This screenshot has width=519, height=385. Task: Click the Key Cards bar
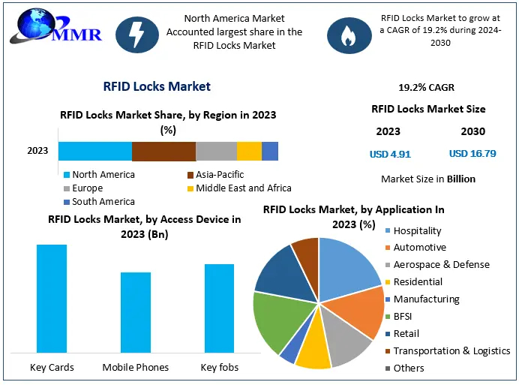[52, 299]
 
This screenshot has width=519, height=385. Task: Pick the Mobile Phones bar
[136, 312]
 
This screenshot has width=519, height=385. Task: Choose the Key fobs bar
[219, 308]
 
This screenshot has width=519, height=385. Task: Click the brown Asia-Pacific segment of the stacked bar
[163, 151]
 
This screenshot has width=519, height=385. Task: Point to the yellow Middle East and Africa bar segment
[249, 151]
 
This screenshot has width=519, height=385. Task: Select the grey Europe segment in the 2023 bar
[216, 151]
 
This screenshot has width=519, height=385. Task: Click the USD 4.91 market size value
[389, 155]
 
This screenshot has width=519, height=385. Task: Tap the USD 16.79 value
[472, 155]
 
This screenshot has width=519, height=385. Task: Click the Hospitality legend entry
[417, 231]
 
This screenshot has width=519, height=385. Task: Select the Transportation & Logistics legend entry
[451, 351]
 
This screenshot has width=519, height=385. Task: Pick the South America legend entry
[103, 202]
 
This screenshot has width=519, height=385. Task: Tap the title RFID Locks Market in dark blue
[157, 86]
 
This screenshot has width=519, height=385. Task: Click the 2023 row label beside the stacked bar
[37, 151]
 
